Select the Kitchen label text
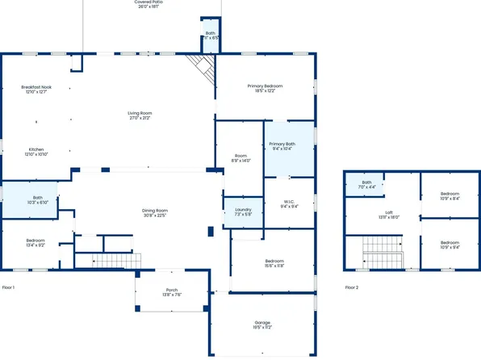[36, 150]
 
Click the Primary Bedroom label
[265, 86]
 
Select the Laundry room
[243, 212]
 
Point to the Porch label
[171, 291]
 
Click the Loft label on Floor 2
[388, 212]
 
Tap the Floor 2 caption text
[351, 287]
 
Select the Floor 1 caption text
[9, 287]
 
